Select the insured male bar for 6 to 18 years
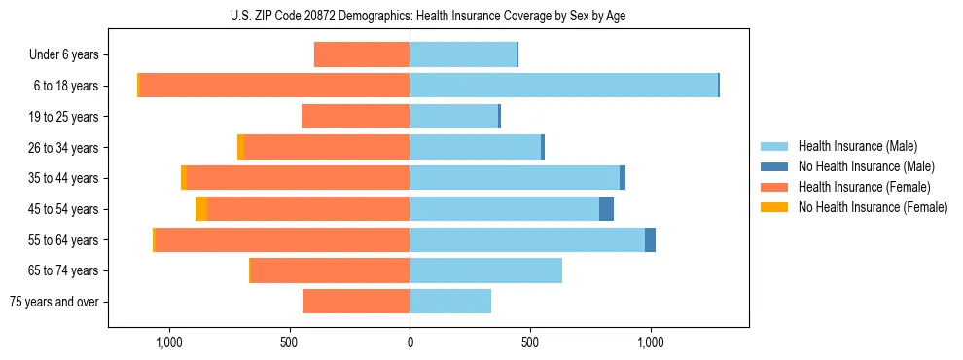563,86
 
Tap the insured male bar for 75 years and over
450,302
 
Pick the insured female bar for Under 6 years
362,54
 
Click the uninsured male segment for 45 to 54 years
606,209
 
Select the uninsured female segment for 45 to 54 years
201,209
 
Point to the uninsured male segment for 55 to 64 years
650,240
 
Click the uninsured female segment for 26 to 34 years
240,147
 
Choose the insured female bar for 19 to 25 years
355,117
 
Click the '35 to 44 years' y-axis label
63,178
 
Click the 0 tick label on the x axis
410,342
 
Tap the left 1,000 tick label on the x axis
169,342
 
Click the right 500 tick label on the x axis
530,342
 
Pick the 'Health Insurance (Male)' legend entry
857,146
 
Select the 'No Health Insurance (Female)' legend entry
873,207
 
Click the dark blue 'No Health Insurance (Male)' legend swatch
774,166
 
